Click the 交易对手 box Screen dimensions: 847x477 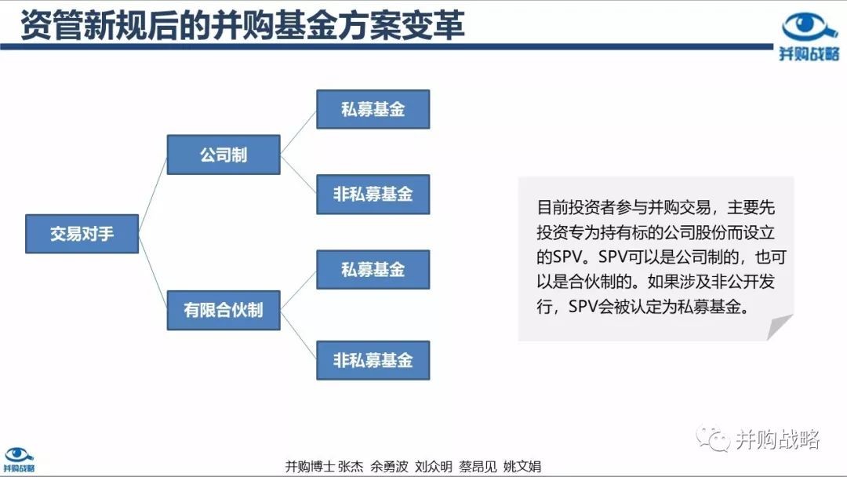click(82, 234)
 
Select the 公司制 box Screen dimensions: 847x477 click(224, 155)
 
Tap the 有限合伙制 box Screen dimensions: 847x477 click(224, 310)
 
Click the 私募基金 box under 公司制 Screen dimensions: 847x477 click(373, 110)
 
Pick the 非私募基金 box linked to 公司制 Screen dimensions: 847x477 click(373, 195)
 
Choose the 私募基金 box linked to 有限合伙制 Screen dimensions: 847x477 click(373, 270)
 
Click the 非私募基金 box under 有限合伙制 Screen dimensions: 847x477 click(373, 360)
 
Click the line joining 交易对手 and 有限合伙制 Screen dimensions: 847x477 click(153, 271)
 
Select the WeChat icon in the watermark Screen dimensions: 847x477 click(713, 439)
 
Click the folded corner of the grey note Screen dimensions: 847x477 click(780, 327)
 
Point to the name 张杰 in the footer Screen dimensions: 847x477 click(351, 466)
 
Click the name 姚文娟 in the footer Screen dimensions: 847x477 click(522, 466)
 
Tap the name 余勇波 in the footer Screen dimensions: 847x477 click(390, 466)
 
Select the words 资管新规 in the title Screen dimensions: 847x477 click(84, 25)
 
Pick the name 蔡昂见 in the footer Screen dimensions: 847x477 click(478, 466)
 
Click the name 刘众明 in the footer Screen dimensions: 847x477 click(434, 466)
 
